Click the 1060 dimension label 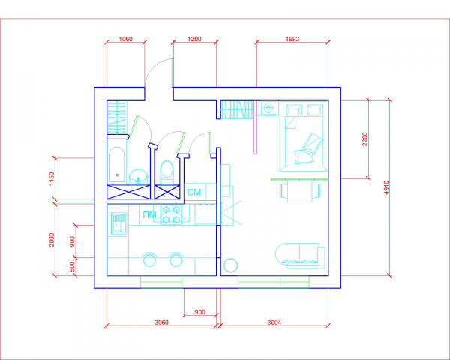[125, 39]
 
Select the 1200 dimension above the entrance [194, 39]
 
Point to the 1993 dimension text [292, 39]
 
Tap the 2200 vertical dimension [364, 139]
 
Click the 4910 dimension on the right [386, 187]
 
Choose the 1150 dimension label [52, 178]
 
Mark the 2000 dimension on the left [52, 240]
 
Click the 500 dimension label [72, 267]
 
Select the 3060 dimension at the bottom [161, 322]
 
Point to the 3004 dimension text [274, 322]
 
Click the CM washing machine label [194, 192]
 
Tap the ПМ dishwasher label [149, 214]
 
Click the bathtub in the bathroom [117, 165]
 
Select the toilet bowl [166, 172]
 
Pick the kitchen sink [118, 223]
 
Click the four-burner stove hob [171, 214]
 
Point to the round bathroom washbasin [138, 176]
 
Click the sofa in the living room [300, 256]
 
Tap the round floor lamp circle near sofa [231, 265]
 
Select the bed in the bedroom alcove [304, 136]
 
